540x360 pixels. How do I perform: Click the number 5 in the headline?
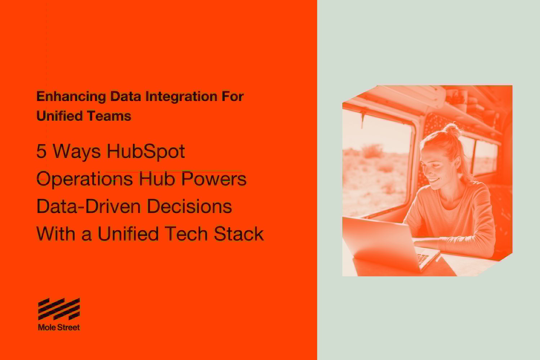coord(41,152)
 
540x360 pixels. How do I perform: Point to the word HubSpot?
coord(146,152)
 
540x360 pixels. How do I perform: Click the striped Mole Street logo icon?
coord(59,309)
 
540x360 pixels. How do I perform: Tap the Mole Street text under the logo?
coord(59,328)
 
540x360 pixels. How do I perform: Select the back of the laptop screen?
coord(378,241)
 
